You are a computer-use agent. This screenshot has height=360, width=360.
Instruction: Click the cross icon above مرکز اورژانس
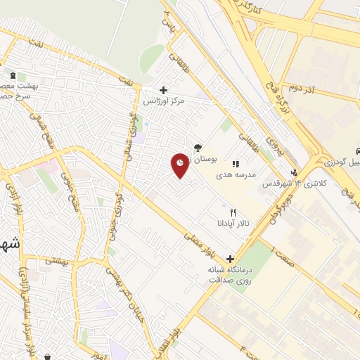pyautogui.click(x=163, y=90)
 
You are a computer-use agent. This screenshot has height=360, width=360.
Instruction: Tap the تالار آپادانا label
pyautogui.click(x=233, y=224)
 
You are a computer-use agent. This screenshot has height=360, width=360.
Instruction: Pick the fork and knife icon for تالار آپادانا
pyautogui.click(x=233, y=212)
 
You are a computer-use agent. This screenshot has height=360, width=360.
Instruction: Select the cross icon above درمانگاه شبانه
pyautogui.click(x=230, y=259)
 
